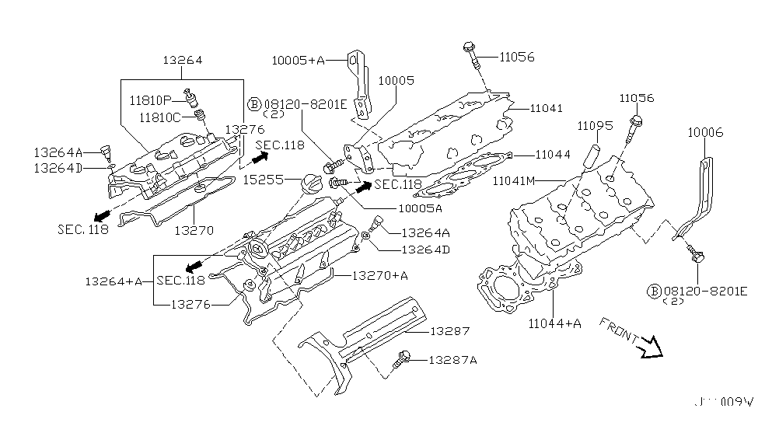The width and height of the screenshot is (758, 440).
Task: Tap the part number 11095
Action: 595,124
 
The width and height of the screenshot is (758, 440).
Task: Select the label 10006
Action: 704,134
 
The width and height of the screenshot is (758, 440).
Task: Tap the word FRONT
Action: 619,331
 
